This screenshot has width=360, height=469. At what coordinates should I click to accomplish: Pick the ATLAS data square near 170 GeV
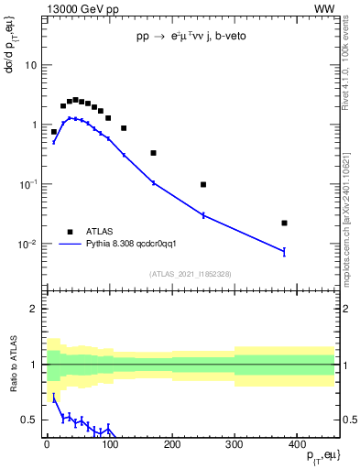click(153, 153)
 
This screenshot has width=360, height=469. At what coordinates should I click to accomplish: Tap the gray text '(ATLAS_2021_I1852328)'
click(190, 274)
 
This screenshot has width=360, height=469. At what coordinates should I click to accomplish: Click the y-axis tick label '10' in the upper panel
click(28, 65)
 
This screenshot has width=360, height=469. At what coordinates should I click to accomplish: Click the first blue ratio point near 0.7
click(54, 398)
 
